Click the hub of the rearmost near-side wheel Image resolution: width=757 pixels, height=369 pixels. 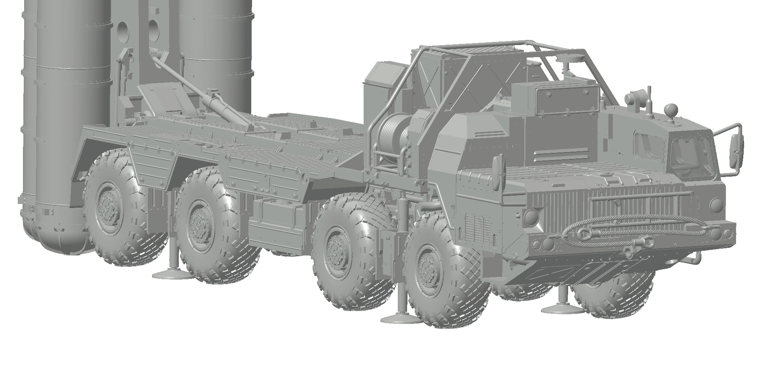[107, 203]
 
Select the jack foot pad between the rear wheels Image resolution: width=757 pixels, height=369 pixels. [171, 274]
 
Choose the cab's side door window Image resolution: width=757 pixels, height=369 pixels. [649, 146]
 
